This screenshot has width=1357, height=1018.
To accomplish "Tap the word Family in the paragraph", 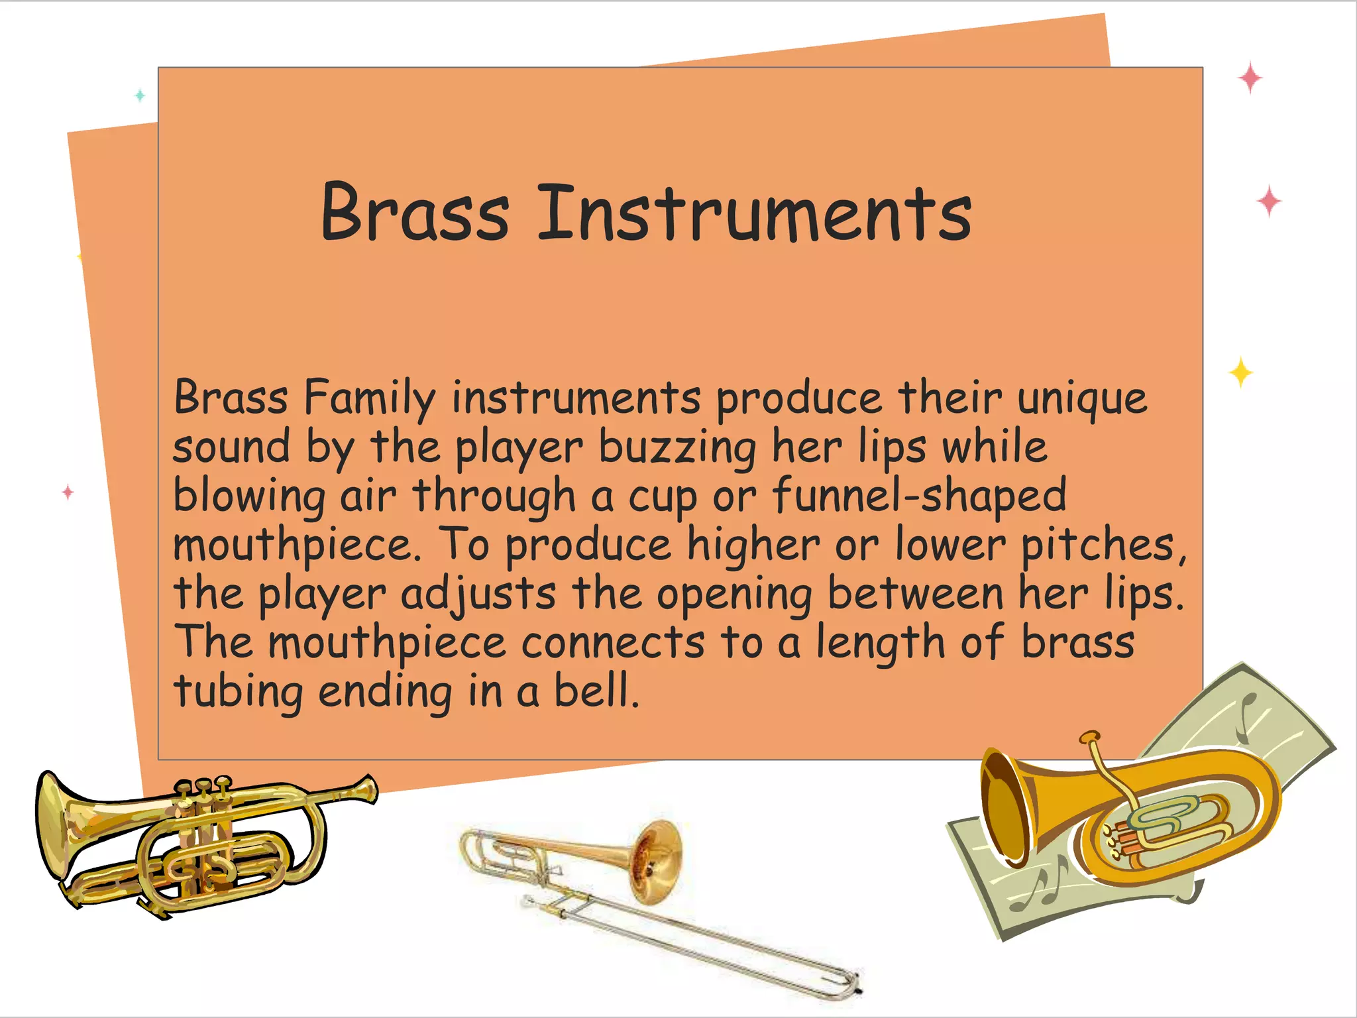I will pos(370,398).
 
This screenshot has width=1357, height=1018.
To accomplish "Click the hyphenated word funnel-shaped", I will pos(919,496).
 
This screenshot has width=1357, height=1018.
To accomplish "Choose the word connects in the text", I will pos(613,643).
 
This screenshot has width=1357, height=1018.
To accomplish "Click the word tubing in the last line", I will pos(239,692).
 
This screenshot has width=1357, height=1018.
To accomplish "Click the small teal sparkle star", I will pos(140,95).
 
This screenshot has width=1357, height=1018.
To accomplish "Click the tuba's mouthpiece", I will pos(1089,738).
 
